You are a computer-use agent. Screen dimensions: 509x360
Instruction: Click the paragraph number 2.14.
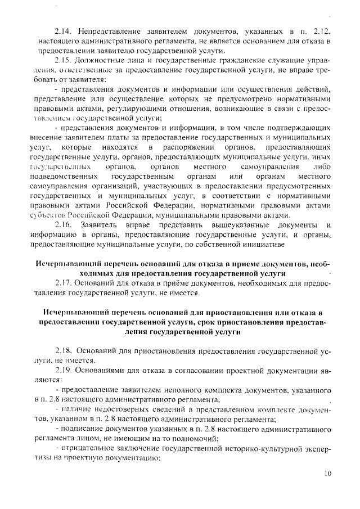click(x=64, y=30)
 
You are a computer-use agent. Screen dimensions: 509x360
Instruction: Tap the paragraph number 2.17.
click(x=64, y=283)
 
